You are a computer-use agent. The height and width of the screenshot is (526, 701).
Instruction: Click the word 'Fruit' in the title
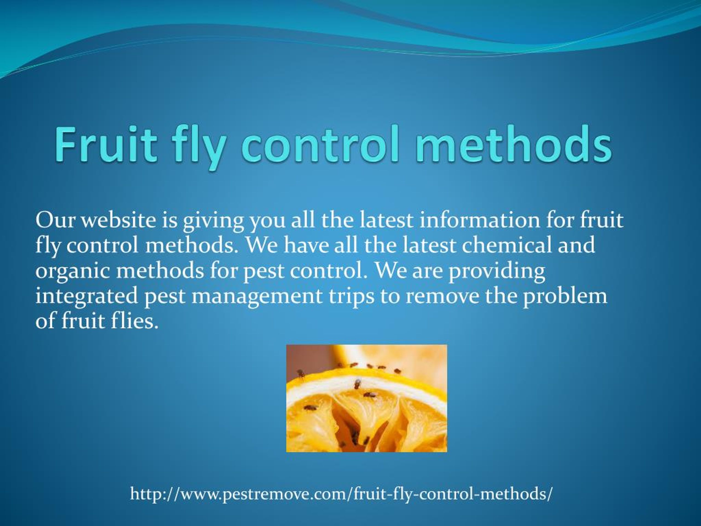pos(106,144)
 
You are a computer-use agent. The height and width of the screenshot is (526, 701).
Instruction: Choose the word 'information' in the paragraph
pos(479,220)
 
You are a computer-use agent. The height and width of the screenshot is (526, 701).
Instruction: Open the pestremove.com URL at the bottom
pos(341,493)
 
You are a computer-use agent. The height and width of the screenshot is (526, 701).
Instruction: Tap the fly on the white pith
pos(357,384)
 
